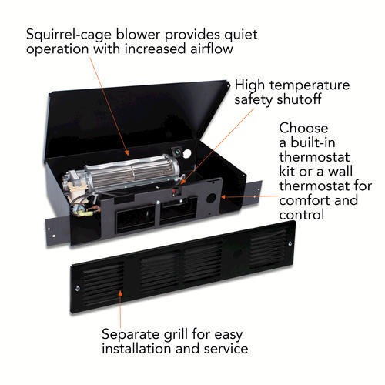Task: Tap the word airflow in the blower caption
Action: [212, 49]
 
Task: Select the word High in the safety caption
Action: [249, 85]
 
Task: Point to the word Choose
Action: [303, 128]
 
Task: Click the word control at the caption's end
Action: [301, 215]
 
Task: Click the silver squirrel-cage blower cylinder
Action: [132, 172]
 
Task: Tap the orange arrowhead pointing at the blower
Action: [126, 152]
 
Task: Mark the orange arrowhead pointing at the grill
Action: [120, 293]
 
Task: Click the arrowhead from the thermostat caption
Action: [223, 197]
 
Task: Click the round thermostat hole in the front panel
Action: [211, 198]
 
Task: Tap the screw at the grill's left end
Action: [78, 289]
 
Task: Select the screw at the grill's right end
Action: [290, 243]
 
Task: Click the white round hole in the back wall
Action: [187, 153]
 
